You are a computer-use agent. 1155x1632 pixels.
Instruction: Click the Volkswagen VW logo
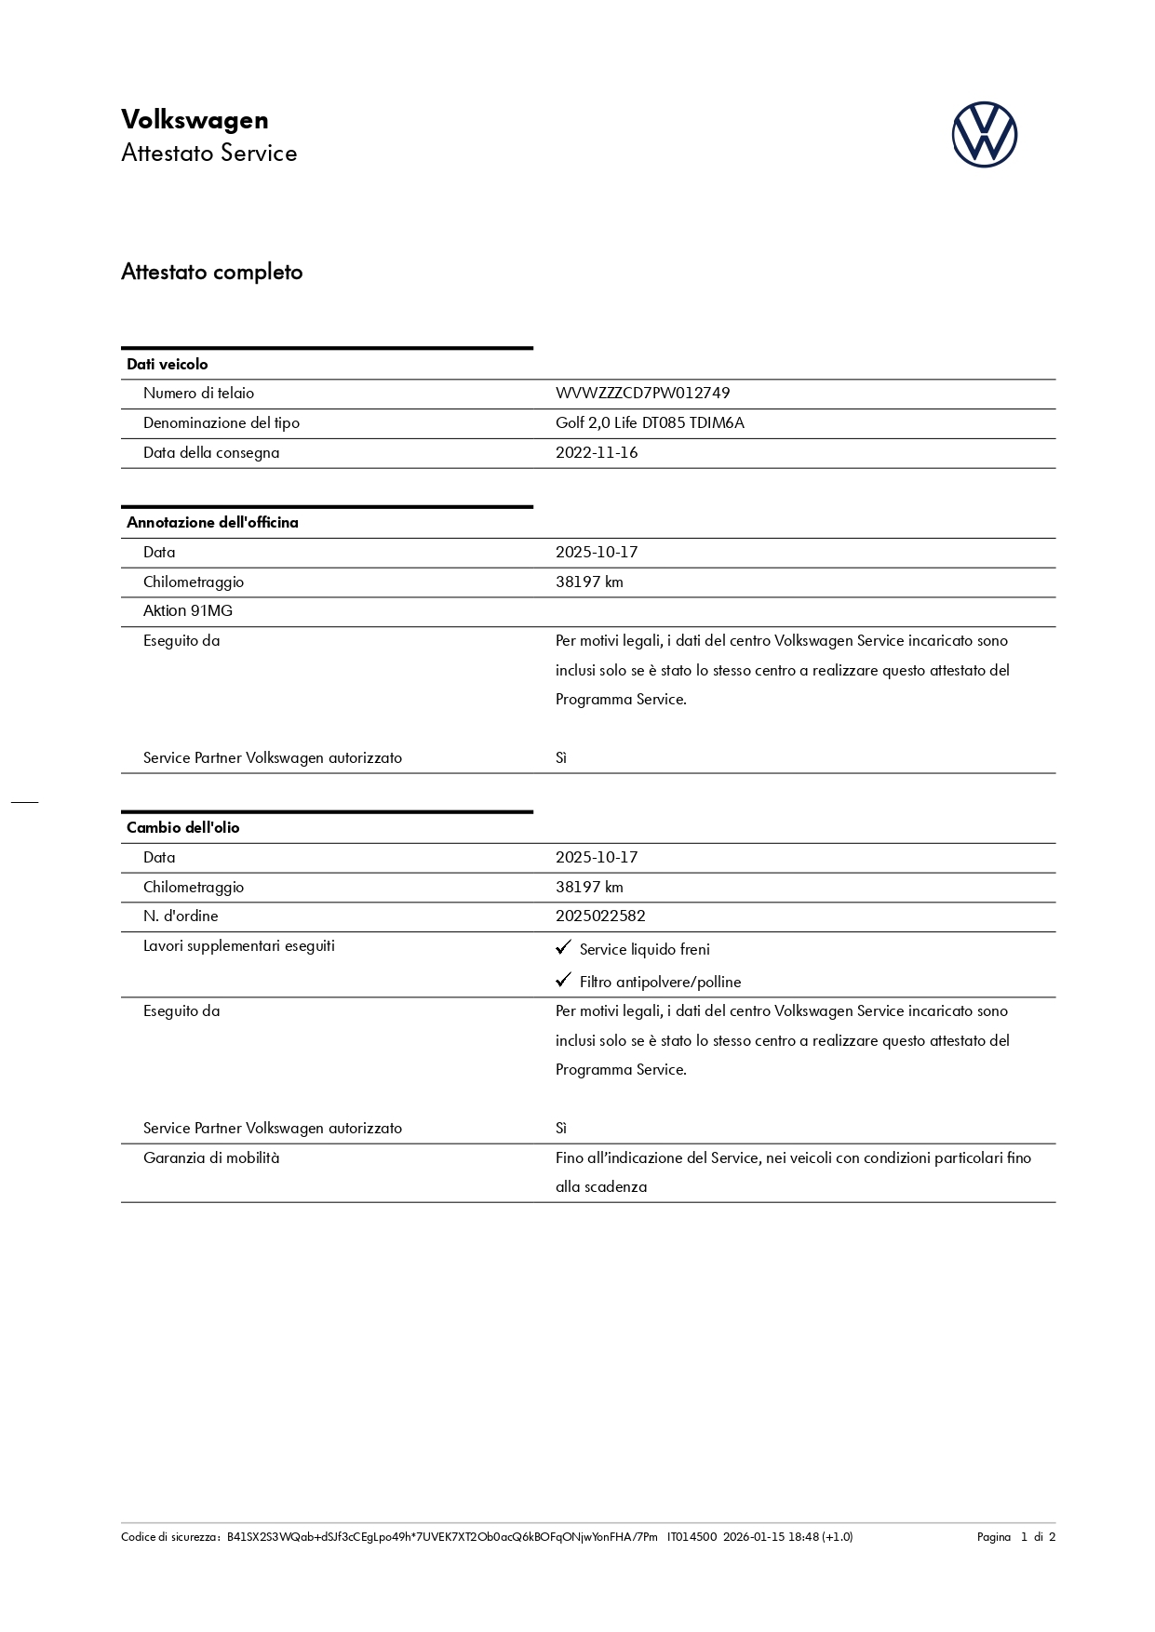pyautogui.click(x=984, y=135)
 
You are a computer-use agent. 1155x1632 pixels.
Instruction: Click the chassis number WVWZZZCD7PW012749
pyautogui.click(x=642, y=394)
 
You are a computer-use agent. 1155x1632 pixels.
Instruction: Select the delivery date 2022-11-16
pyautogui.click(x=597, y=453)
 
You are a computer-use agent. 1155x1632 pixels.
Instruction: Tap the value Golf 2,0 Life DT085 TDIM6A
pyautogui.click(x=650, y=423)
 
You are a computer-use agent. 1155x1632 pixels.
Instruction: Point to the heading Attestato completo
pyautogui.click(x=211, y=273)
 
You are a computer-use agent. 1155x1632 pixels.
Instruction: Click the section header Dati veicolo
pyautogui.click(x=168, y=365)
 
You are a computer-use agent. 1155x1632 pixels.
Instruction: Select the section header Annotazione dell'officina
pyautogui.click(x=212, y=523)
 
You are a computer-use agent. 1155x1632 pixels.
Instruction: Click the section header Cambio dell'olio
pyautogui.click(x=182, y=828)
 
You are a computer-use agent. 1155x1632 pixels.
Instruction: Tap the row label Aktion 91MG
pyautogui.click(x=188, y=611)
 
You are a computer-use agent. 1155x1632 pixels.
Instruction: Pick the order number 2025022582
pyautogui.click(x=600, y=916)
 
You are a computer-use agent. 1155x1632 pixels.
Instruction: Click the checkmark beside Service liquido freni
pyautogui.click(x=563, y=947)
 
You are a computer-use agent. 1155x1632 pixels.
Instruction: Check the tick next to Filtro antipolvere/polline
pyautogui.click(x=563, y=980)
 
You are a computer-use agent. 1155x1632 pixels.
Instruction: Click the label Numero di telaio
pyautogui.click(x=198, y=394)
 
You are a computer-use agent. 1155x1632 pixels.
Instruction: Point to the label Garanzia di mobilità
pyautogui.click(x=211, y=1158)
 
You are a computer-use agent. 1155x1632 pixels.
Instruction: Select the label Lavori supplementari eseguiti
pyautogui.click(x=239, y=946)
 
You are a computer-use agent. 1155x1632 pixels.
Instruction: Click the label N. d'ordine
pyautogui.click(x=181, y=916)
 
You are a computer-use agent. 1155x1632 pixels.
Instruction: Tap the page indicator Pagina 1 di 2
pyautogui.click(x=1015, y=1537)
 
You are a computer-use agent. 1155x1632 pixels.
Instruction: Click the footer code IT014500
pyautogui.click(x=692, y=1537)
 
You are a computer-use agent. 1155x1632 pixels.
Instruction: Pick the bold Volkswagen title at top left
pyautogui.click(x=195, y=120)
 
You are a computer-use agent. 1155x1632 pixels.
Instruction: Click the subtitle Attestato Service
pyautogui.click(x=209, y=154)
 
